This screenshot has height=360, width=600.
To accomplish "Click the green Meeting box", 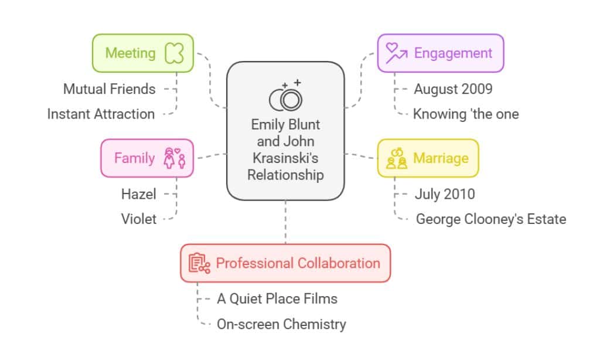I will [143, 53].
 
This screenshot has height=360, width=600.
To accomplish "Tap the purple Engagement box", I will [440, 53].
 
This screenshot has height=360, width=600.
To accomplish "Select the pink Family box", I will [147, 158].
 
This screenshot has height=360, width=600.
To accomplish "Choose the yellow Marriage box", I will [427, 158].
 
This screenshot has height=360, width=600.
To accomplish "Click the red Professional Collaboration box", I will [285, 263].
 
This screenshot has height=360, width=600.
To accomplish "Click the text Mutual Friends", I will [110, 89].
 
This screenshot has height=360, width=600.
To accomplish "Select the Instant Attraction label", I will [101, 114].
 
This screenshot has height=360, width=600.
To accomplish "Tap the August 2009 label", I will [453, 89].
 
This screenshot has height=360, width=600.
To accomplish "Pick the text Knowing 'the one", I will [466, 114].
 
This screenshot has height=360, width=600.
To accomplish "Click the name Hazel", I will [138, 194].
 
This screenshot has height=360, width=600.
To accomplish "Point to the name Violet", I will [139, 219].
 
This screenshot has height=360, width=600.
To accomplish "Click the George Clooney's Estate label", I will [491, 219].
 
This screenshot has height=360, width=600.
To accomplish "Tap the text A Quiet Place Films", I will [277, 298].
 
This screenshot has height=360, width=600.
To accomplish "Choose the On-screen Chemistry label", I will [281, 324].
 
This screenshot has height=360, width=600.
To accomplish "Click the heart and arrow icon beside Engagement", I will [396, 53].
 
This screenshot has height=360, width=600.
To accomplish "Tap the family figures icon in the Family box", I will [175, 158].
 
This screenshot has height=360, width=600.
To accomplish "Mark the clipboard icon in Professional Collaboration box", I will [199, 263].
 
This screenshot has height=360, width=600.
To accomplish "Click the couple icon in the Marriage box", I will [397, 158].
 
